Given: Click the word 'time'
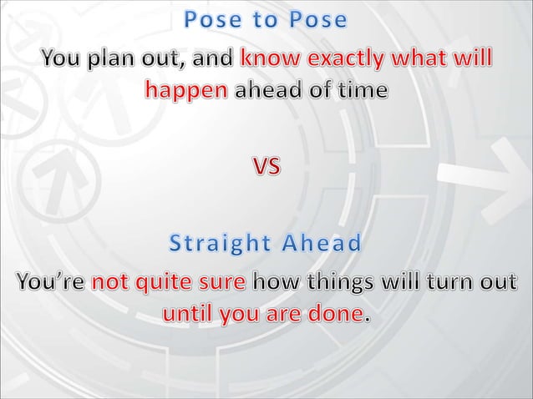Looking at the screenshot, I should [x=363, y=89].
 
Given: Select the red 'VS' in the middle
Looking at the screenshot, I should [x=267, y=167].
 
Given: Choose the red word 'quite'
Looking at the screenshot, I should [x=164, y=283].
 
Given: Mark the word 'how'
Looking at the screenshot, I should [x=273, y=283].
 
